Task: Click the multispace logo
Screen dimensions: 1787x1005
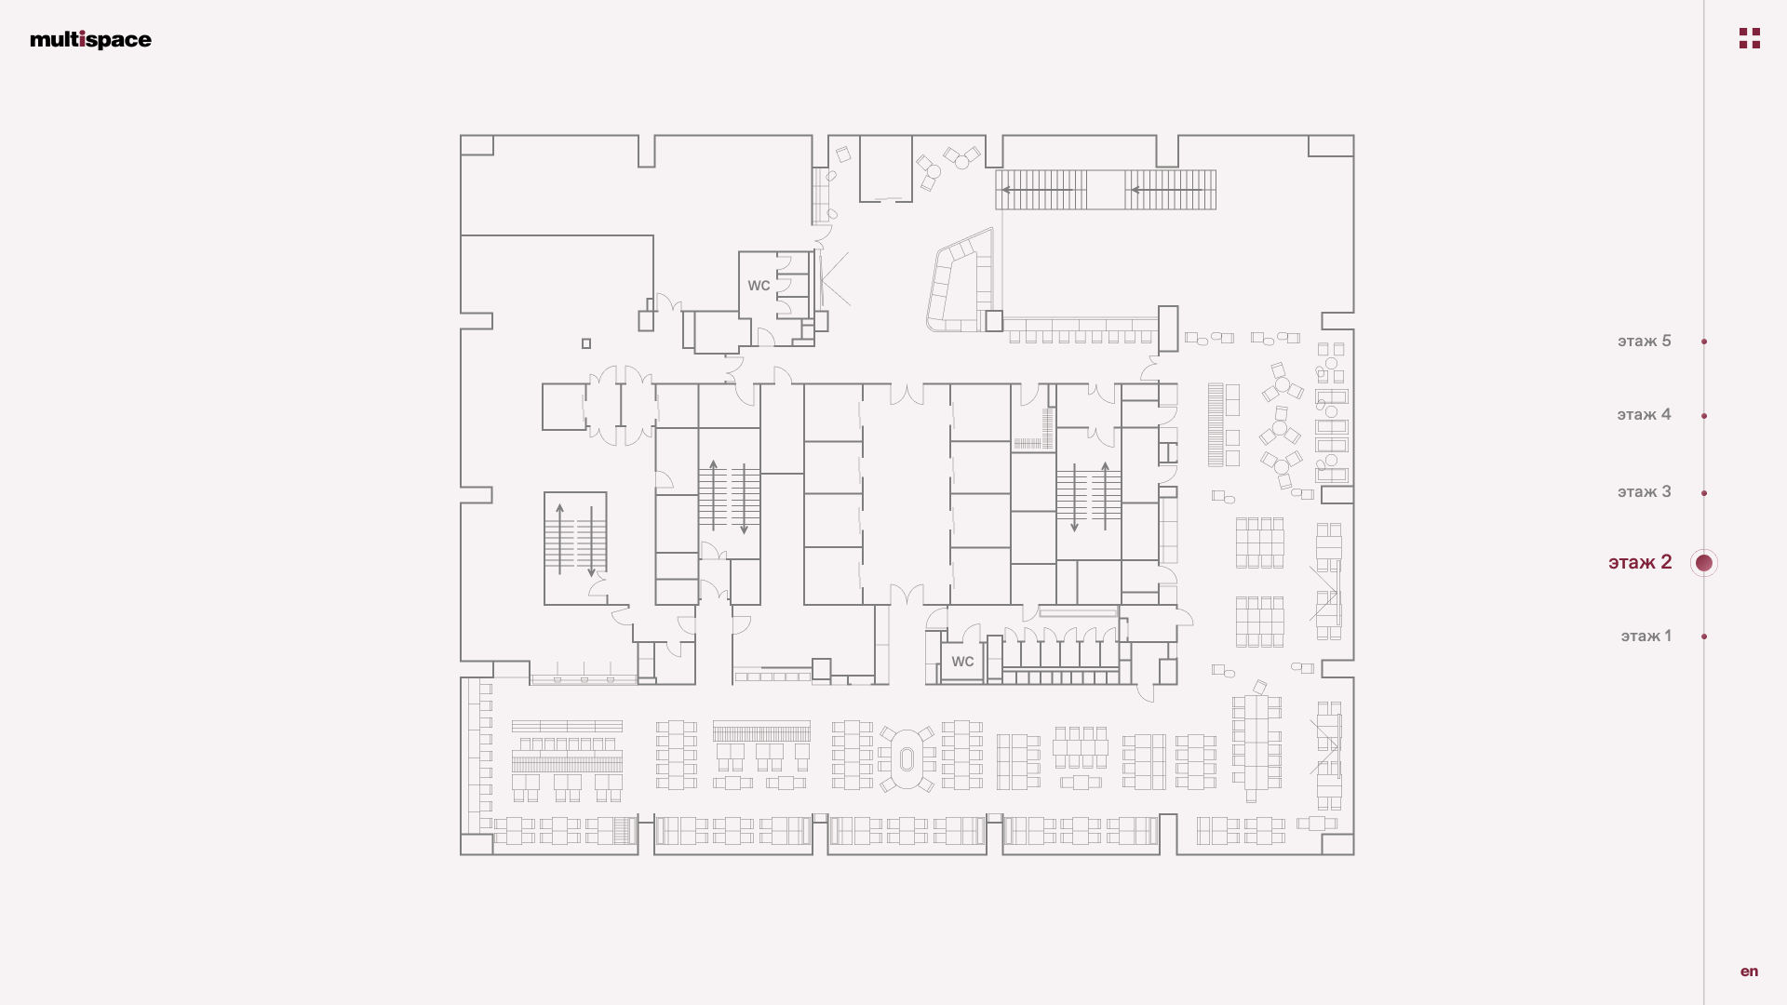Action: pyautogui.click(x=90, y=39)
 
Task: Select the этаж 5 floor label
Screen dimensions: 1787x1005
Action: pyautogui.click(x=1644, y=342)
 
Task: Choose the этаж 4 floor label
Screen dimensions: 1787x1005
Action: pyautogui.click(x=1644, y=415)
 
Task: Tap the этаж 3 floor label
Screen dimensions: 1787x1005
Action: pyautogui.click(x=1644, y=492)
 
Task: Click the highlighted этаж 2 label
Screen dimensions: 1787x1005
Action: pyautogui.click(x=1640, y=563)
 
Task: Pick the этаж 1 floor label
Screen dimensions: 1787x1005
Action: pyautogui.click(x=1646, y=636)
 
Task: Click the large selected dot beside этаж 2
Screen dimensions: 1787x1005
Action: pyautogui.click(x=1704, y=563)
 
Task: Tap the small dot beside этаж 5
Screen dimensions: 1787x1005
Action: pyautogui.click(x=1704, y=342)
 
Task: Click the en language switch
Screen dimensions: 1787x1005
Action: pyautogui.click(x=1749, y=971)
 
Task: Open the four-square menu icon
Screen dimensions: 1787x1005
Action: pyautogui.click(x=1750, y=38)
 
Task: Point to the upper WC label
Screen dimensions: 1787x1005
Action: pyautogui.click(x=759, y=286)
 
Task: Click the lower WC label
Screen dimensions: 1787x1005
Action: pyautogui.click(x=962, y=662)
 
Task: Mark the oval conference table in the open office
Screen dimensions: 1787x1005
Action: pyautogui.click(x=907, y=759)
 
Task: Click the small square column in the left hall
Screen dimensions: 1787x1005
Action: pyautogui.click(x=586, y=343)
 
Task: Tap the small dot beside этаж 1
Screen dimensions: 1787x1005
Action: pyautogui.click(x=1704, y=636)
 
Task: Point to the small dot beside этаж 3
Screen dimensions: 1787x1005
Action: pyautogui.click(x=1704, y=493)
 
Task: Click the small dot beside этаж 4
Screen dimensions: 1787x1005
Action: pyautogui.click(x=1704, y=416)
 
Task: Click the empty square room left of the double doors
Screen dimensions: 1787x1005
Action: pyautogui.click(x=564, y=407)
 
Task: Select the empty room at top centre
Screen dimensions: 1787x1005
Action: pyautogui.click(x=885, y=168)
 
